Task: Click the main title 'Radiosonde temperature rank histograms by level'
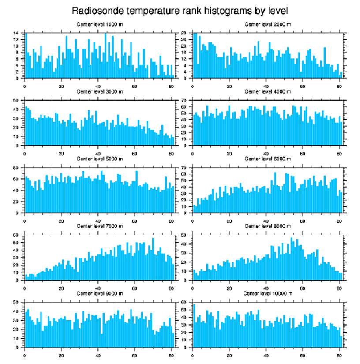(180, 11)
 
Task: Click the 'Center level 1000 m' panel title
(100, 24)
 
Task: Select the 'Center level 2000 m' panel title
(267, 24)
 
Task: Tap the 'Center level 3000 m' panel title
(100, 91)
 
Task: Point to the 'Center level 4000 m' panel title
(267, 91)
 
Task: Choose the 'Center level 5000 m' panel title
(100, 159)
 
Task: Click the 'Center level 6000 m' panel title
(267, 159)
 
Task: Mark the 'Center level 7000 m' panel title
(100, 226)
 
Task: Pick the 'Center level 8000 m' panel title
(267, 226)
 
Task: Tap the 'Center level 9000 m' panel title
(100, 294)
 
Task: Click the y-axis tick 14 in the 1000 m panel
(15, 33)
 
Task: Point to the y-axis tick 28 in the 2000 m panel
(183, 33)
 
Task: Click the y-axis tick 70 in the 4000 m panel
(183, 101)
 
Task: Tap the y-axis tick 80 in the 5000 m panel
(15, 168)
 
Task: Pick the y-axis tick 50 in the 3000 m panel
(15, 101)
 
